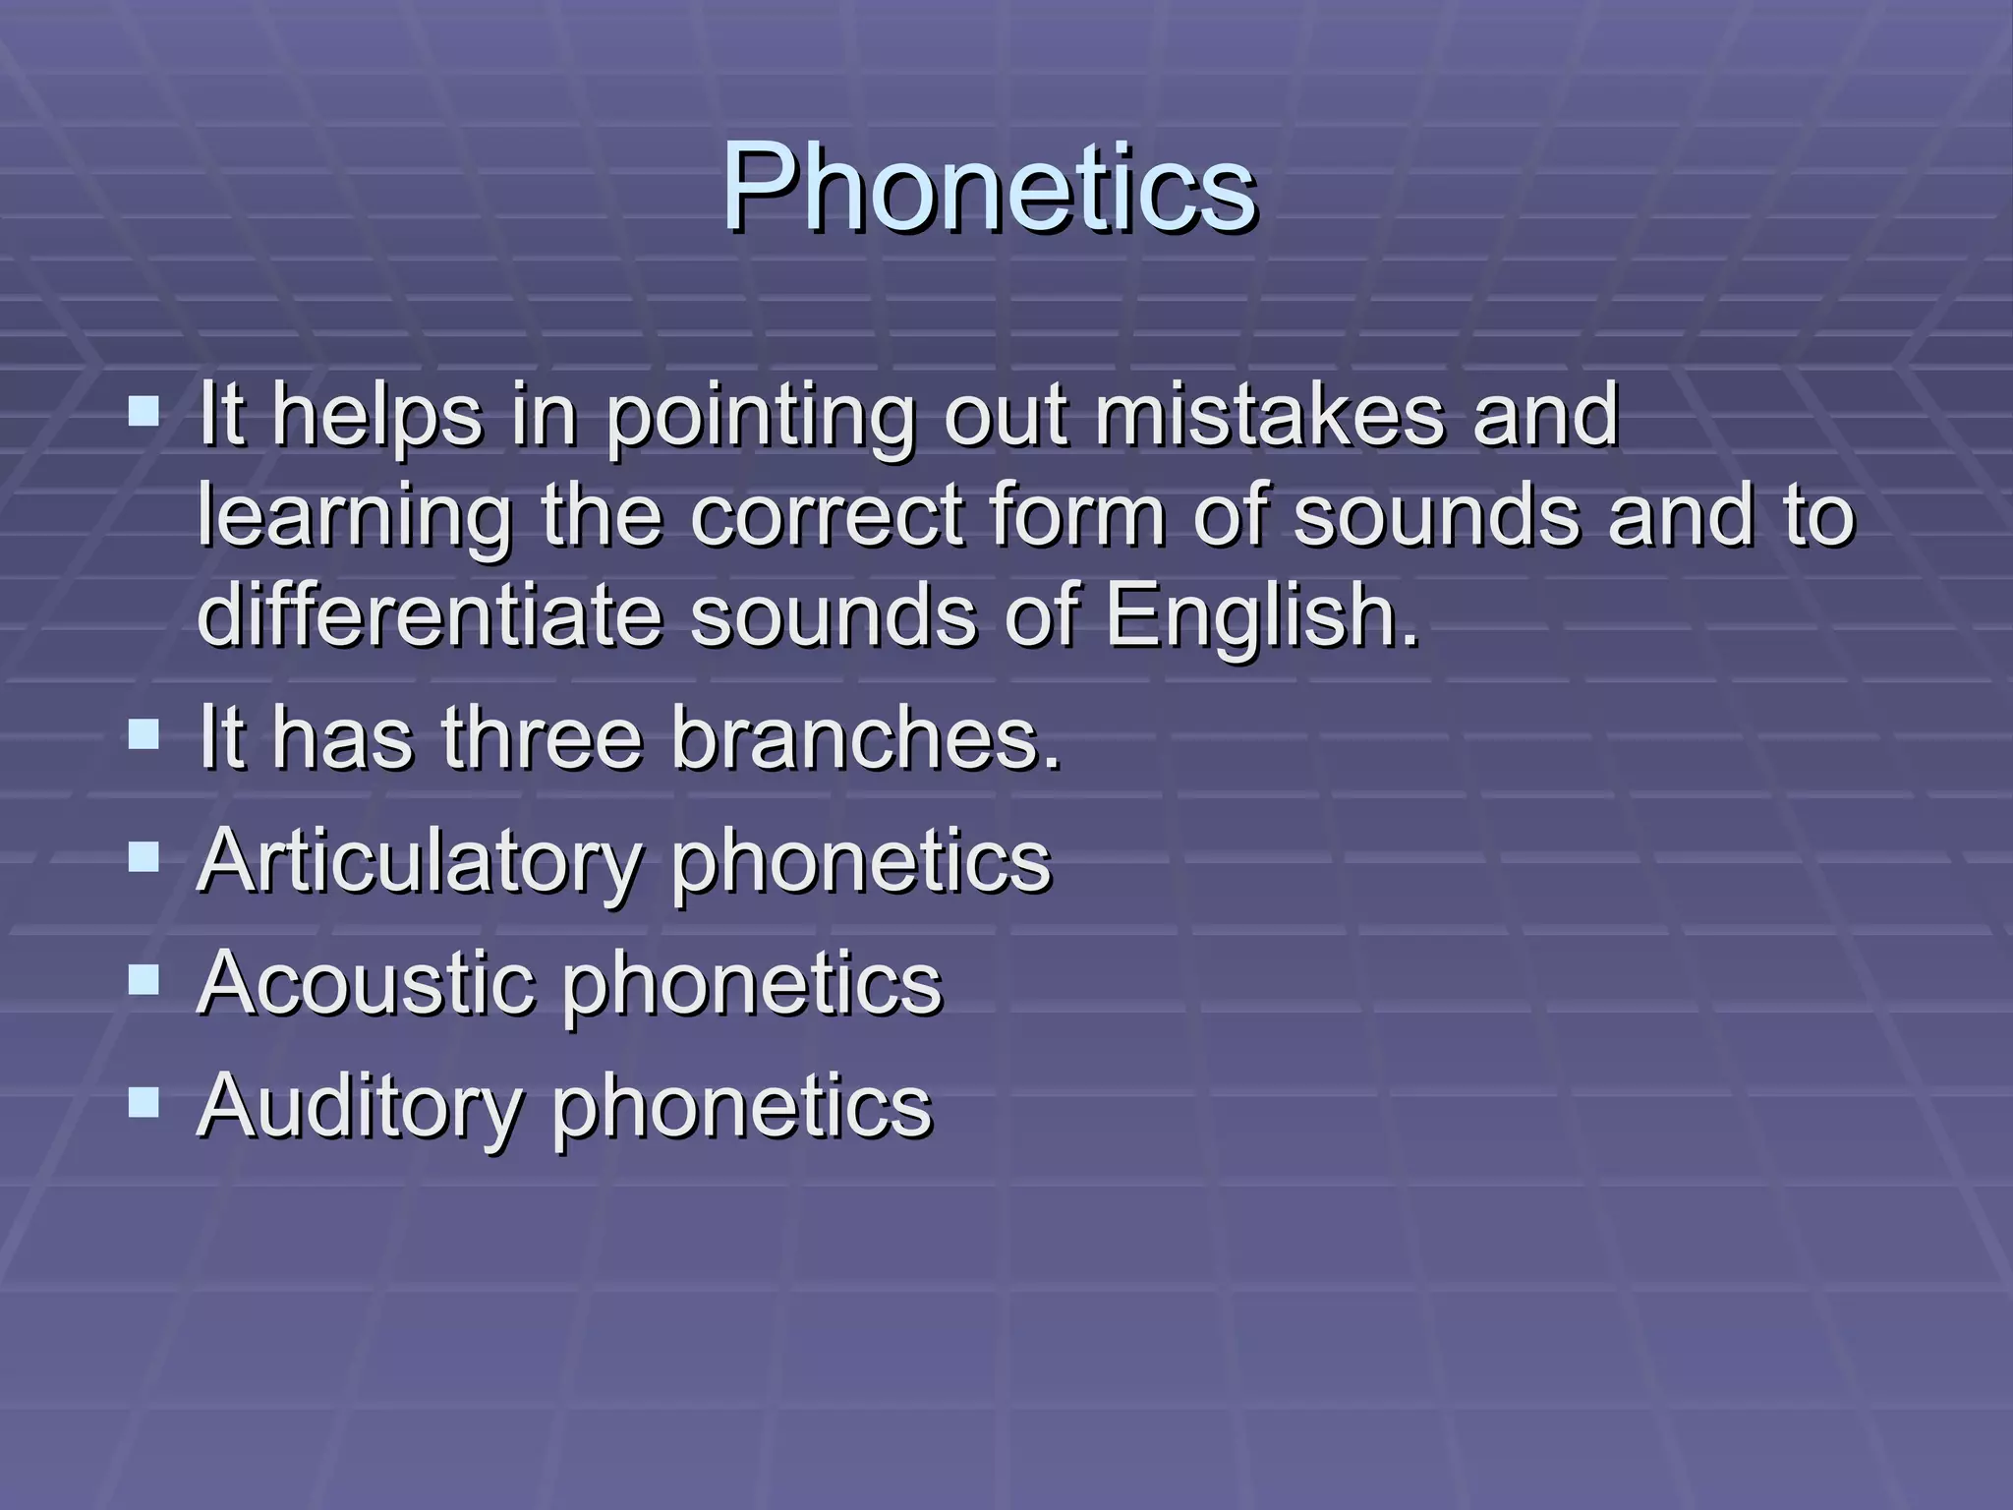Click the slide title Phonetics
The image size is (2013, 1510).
(988, 187)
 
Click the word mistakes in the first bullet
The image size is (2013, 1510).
(1269, 415)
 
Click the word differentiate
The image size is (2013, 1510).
(429, 617)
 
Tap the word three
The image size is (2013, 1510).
(541, 739)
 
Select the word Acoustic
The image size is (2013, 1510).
(366, 983)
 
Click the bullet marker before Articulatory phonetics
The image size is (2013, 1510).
(144, 857)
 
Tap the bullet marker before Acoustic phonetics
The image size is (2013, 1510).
(144, 979)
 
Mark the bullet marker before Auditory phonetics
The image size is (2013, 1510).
(144, 1102)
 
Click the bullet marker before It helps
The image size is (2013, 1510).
(144, 409)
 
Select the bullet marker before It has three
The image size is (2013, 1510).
(144, 733)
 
